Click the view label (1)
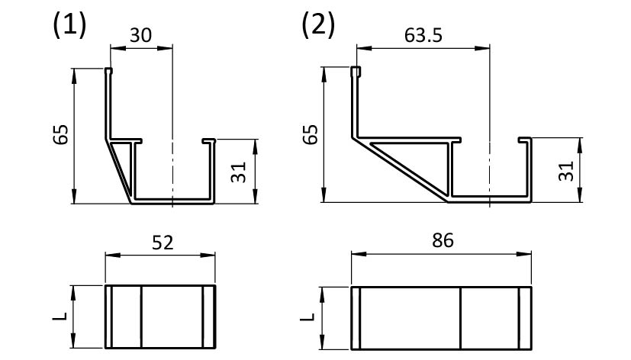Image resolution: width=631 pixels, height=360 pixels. point(69,25)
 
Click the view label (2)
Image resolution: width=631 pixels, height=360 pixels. point(318,25)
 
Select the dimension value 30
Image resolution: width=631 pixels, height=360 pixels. point(141,35)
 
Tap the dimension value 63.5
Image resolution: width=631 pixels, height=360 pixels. point(423,35)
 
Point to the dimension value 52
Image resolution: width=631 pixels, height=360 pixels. point(163,243)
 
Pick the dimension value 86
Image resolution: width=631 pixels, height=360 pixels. point(443,240)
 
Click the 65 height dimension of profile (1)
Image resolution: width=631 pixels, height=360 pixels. point(61,135)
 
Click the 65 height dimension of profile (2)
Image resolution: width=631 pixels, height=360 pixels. point(311,134)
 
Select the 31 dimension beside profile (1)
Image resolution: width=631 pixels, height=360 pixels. point(239,172)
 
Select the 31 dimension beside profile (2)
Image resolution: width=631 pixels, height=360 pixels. point(566,171)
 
